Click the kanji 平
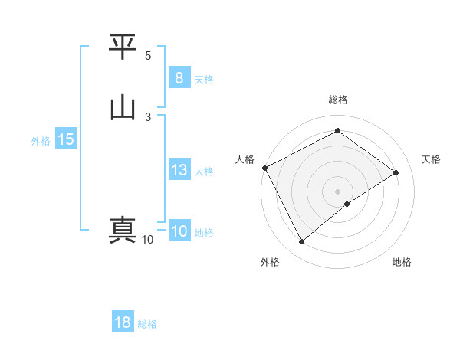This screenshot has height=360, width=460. click(123, 48)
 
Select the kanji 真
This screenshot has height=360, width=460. click(123, 230)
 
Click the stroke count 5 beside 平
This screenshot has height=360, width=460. click(148, 56)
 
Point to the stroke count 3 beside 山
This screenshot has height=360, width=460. click(148, 116)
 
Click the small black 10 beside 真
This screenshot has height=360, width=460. click(147, 240)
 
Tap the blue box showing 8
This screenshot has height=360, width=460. click(179, 77)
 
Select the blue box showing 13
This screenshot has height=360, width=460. click(179, 170)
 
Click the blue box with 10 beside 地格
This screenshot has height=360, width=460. click(179, 231)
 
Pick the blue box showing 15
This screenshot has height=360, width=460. click(66, 139)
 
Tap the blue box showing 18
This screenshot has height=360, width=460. click(123, 322)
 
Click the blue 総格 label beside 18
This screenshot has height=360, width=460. click(147, 324)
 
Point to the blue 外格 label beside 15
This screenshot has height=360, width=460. click(40, 141)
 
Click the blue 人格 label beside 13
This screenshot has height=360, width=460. click(205, 172)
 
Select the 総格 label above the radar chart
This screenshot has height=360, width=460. click(337, 100)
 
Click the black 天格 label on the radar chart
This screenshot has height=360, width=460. click(431, 159)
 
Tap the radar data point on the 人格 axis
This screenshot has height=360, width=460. click(264, 167)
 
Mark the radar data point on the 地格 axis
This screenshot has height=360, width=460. click(347, 204)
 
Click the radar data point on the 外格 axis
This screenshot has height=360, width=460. click(302, 242)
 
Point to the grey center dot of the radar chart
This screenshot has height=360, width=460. click(337, 191)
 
